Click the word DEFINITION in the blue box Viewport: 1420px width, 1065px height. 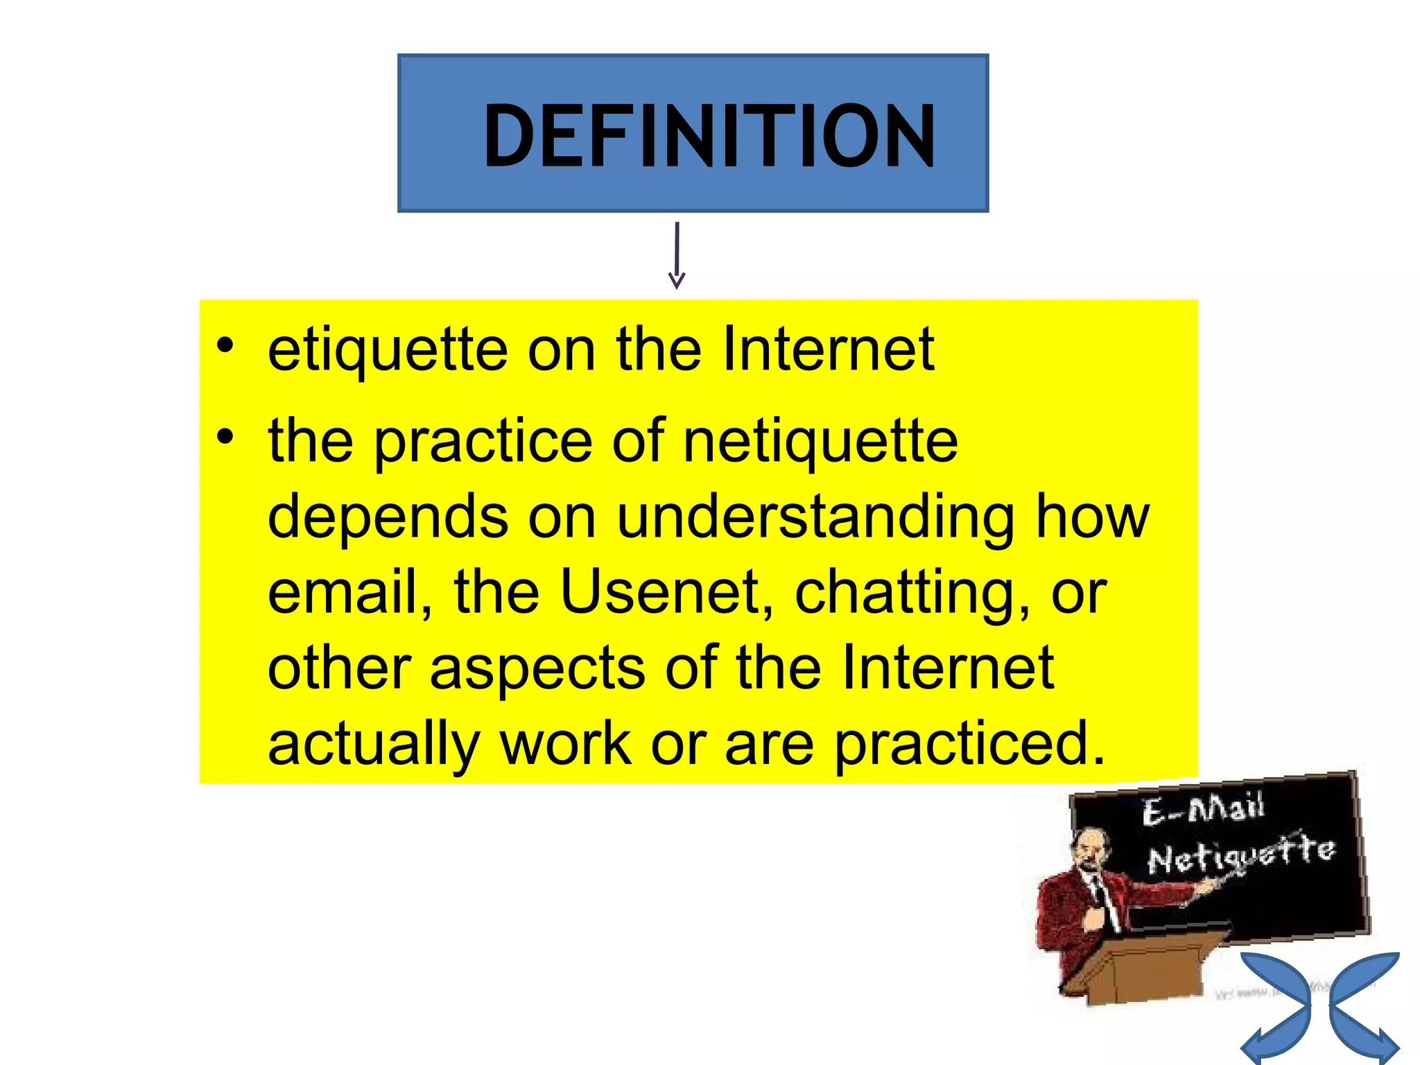click(x=709, y=136)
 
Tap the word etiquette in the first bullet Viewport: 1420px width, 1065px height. click(x=388, y=351)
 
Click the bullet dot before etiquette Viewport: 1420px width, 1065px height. click(x=225, y=345)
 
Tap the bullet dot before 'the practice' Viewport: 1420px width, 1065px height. click(x=225, y=437)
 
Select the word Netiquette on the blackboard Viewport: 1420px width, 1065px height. click(x=1240, y=856)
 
